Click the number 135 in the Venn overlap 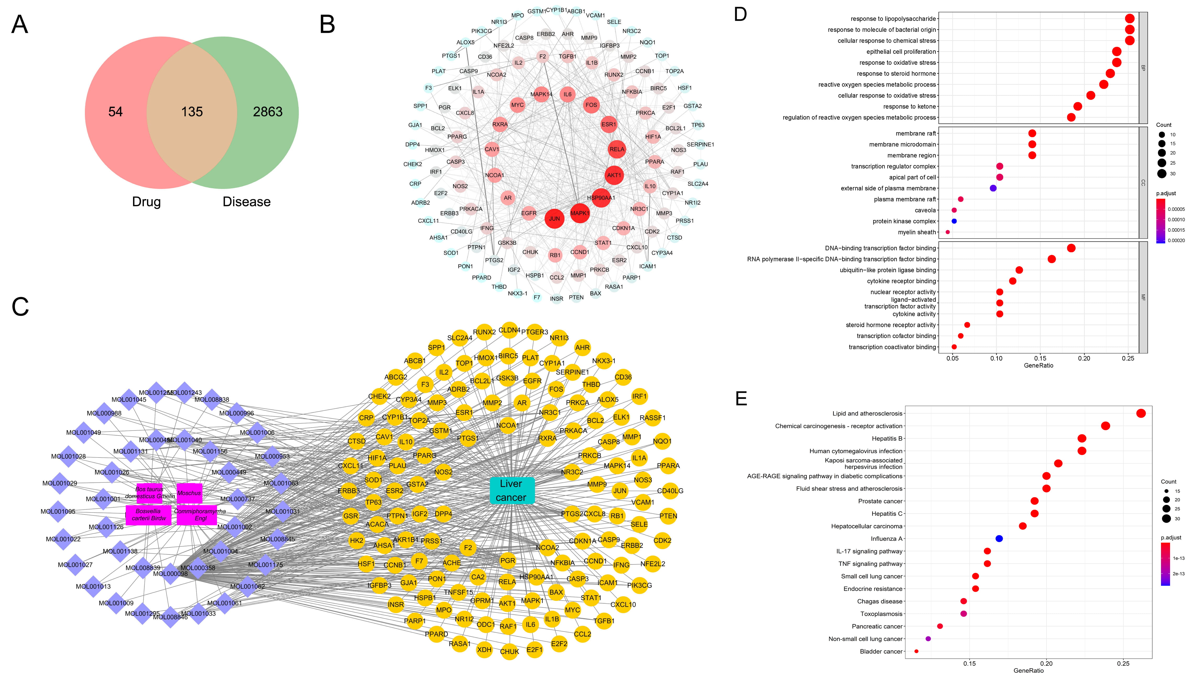(x=192, y=112)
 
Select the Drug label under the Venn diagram (x=146, y=202)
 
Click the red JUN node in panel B (x=554, y=219)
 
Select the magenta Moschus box (x=189, y=493)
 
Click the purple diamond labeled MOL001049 (x=83, y=433)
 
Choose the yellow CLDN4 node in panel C (x=509, y=330)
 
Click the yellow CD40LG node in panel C (x=670, y=491)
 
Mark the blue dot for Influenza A (x=999, y=539)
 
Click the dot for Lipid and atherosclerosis (x=1141, y=413)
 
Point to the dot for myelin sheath (x=947, y=232)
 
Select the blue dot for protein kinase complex (x=954, y=221)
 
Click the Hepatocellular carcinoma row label (x=866, y=526)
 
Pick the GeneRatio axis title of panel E (x=1029, y=670)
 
